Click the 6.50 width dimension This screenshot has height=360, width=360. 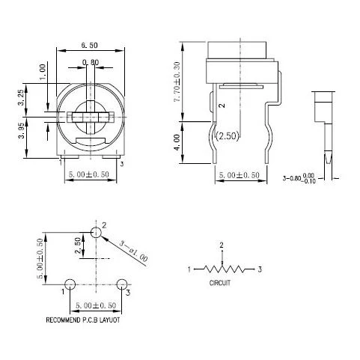(x=90, y=46)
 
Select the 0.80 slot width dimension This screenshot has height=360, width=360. (x=90, y=62)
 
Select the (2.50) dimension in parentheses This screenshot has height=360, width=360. (x=228, y=136)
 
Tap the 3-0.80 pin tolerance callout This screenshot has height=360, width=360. (x=305, y=179)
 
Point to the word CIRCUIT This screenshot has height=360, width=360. (x=220, y=284)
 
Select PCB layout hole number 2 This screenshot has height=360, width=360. (x=95, y=233)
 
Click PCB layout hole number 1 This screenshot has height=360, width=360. (x=69, y=284)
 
